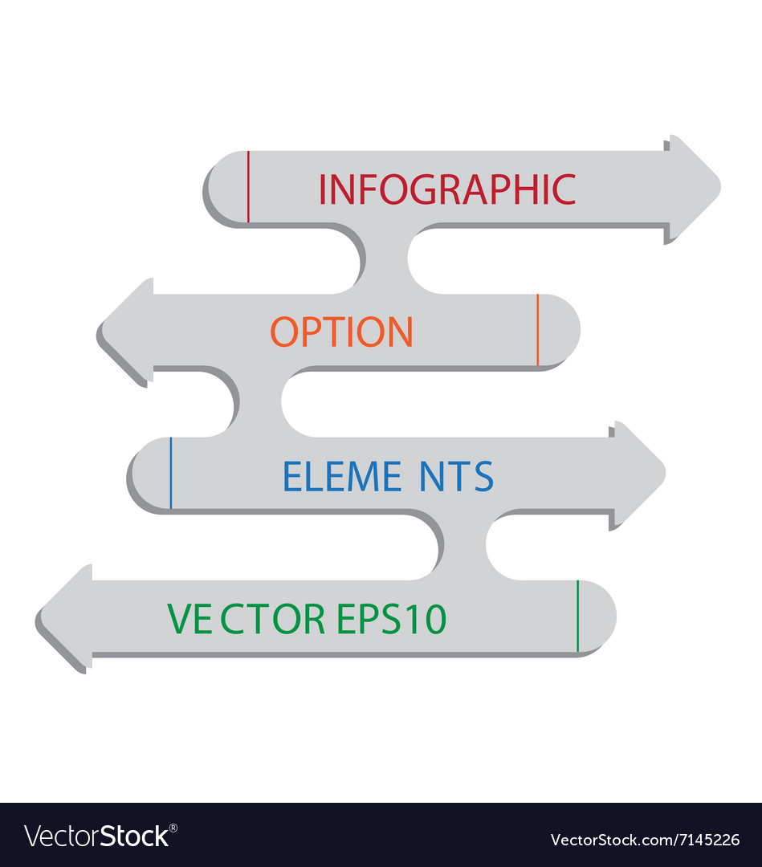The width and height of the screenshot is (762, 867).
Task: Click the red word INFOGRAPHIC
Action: point(447,189)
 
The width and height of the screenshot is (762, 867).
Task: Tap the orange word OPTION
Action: point(341,332)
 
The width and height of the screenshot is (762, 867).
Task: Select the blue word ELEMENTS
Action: point(388,476)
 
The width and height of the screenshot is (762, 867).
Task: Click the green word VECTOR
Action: point(245,619)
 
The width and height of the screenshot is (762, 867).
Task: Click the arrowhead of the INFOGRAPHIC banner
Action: point(692,189)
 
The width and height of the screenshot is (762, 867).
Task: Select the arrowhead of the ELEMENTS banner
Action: point(638,474)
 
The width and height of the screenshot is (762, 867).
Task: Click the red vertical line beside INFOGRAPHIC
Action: point(248,186)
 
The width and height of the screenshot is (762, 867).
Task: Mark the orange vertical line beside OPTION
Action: point(537,330)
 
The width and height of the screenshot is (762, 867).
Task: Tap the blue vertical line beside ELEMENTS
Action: point(170,474)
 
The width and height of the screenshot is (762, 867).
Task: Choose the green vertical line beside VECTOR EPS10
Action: point(577,616)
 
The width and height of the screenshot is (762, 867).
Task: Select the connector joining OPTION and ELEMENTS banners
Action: point(259,402)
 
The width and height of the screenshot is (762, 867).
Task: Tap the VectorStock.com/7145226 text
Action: point(645,840)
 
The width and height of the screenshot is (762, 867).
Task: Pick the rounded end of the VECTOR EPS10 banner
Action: point(597,617)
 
